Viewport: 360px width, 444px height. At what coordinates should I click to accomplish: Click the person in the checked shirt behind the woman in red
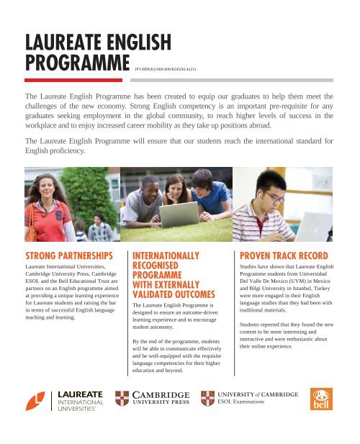click(x=99, y=229)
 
